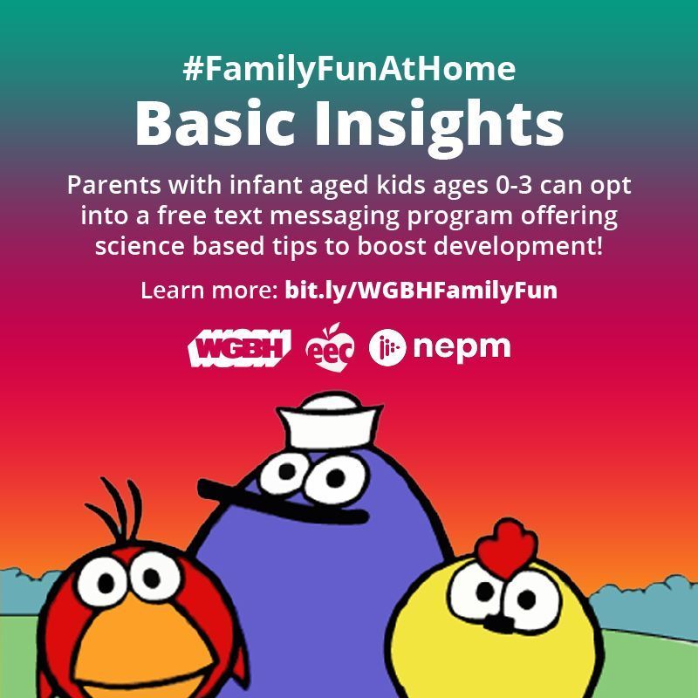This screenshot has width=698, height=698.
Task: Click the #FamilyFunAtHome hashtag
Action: coord(349,69)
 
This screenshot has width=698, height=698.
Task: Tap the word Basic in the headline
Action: coord(217,124)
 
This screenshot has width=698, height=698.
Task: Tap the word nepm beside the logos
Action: coord(462,348)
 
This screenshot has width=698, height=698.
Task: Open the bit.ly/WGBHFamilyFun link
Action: coord(421,291)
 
